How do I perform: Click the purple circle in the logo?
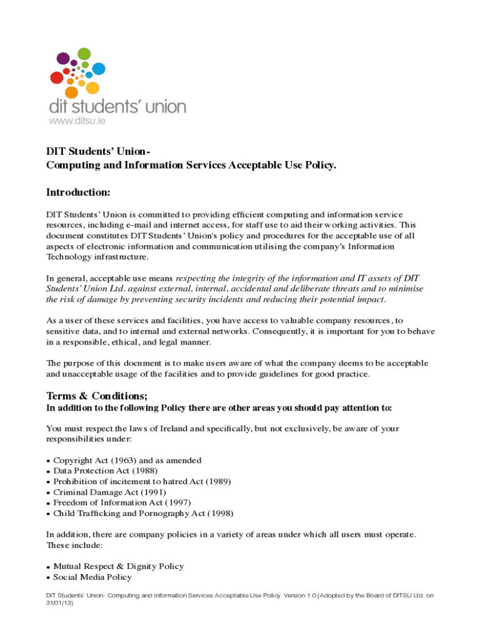click(63, 59)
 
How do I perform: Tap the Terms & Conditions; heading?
click(97, 396)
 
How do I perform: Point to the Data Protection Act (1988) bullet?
click(105, 471)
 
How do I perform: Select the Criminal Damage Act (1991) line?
click(109, 492)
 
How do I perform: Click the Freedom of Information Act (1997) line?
click(122, 502)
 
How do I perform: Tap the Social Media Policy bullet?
click(92, 577)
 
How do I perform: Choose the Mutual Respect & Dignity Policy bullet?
click(119, 567)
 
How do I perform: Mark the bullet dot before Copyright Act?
click(49, 461)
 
